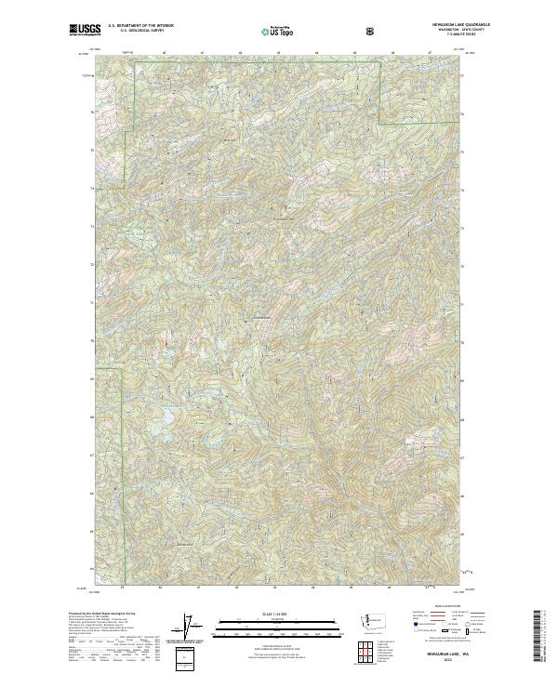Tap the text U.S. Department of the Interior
pos(139,27)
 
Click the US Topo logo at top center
pos(277,31)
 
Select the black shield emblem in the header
pos(372,31)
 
